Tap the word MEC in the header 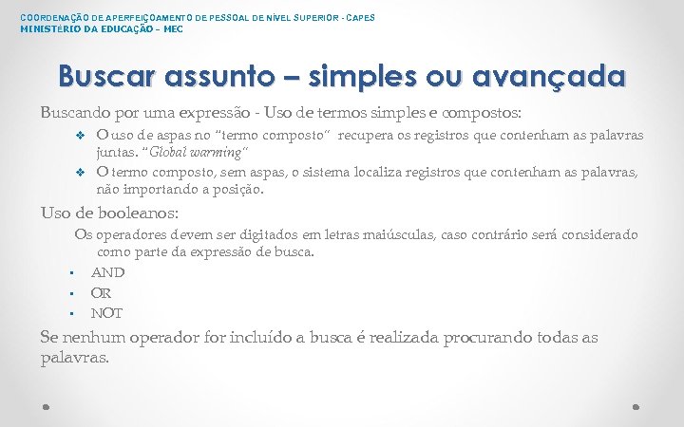click(173, 28)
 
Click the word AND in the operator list click(107, 272)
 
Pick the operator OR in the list click(101, 293)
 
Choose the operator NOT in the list click(106, 313)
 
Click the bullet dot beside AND click(72, 273)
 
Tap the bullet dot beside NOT click(72, 314)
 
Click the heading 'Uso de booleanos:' click(109, 213)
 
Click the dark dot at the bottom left click(47, 406)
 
